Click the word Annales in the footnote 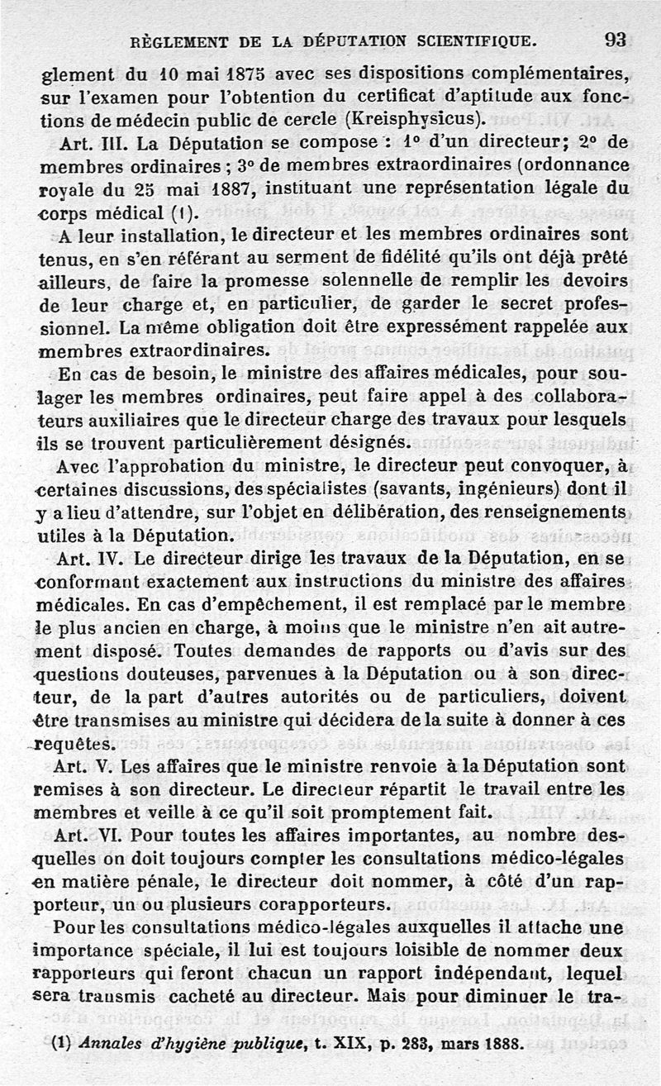pos(111,1044)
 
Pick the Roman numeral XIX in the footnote pos(334,1044)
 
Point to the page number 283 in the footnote pos(407,1044)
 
